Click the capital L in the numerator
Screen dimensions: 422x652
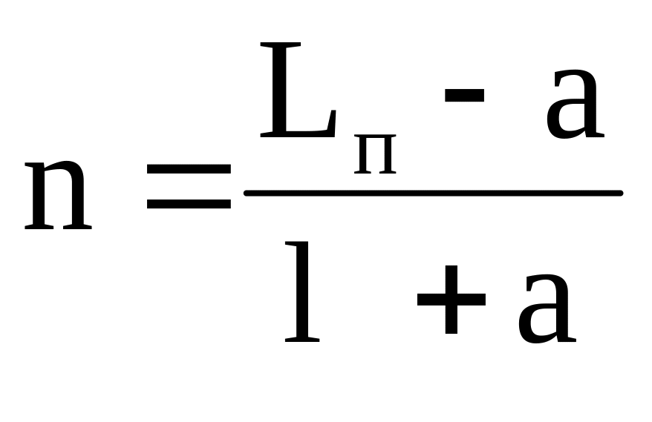(293, 92)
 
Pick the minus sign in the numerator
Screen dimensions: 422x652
(464, 96)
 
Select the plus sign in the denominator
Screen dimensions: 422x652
(451, 300)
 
